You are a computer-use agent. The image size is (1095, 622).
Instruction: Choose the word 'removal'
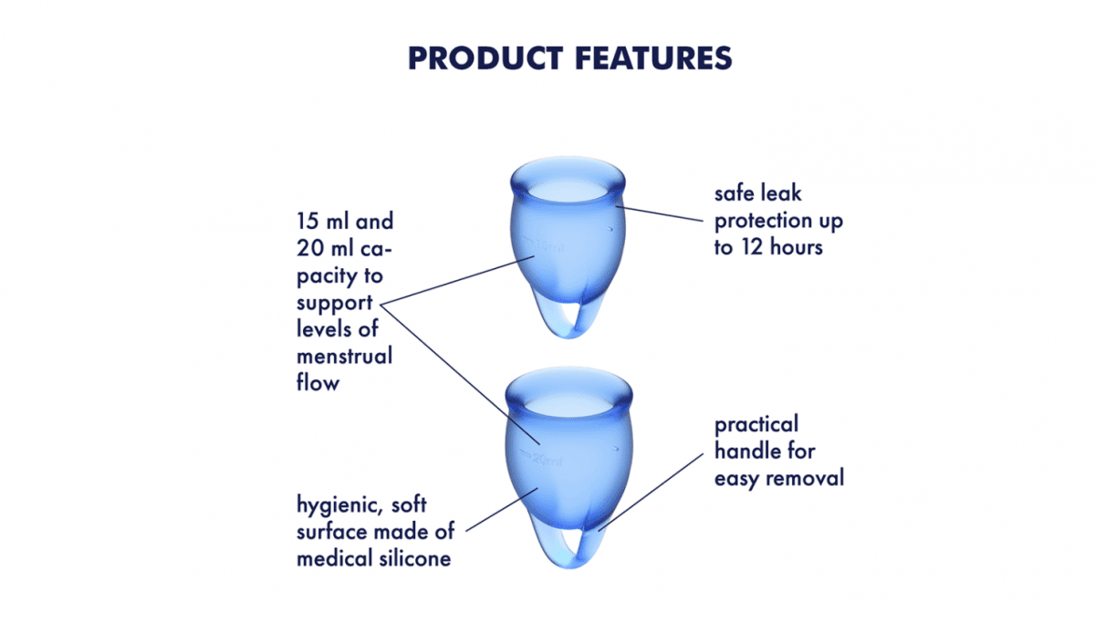[808, 477]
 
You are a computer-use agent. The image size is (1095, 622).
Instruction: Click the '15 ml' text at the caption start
[321, 221]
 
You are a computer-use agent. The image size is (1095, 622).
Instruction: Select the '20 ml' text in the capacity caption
[321, 248]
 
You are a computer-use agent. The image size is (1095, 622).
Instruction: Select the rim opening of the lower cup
[568, 399]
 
